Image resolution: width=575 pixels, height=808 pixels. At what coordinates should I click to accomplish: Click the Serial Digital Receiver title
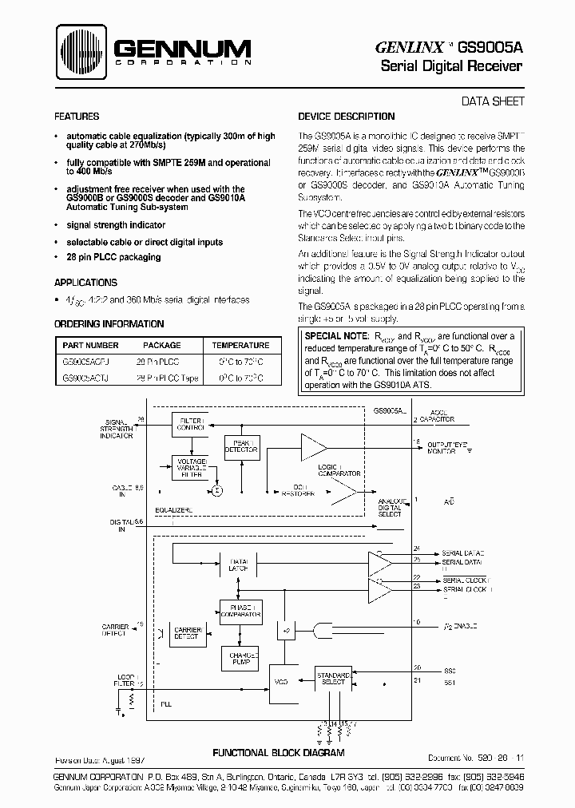(x=451, y=65)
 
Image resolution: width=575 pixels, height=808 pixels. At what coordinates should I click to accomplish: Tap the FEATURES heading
(x=77, y=116)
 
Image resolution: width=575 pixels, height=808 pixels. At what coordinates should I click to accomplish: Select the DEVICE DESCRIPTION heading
(x=342, y=116)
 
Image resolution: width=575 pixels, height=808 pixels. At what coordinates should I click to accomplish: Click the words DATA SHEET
(x=494, y=101)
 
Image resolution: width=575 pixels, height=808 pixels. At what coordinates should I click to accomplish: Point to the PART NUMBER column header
(x=90, y=346)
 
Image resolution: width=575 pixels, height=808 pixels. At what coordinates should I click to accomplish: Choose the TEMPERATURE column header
(x=240, y=346)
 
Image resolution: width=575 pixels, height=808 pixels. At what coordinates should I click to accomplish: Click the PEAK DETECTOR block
(x=241, y=446)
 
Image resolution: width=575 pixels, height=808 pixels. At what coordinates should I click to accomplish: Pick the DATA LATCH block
(x=240, y=564)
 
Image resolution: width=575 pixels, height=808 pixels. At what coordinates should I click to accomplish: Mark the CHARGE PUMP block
(x=240, y=658)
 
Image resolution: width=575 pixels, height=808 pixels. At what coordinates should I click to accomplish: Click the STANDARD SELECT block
(x=333, y=679)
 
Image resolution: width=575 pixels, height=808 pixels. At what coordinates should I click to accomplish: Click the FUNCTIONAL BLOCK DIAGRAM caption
(x=278, y=753)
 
